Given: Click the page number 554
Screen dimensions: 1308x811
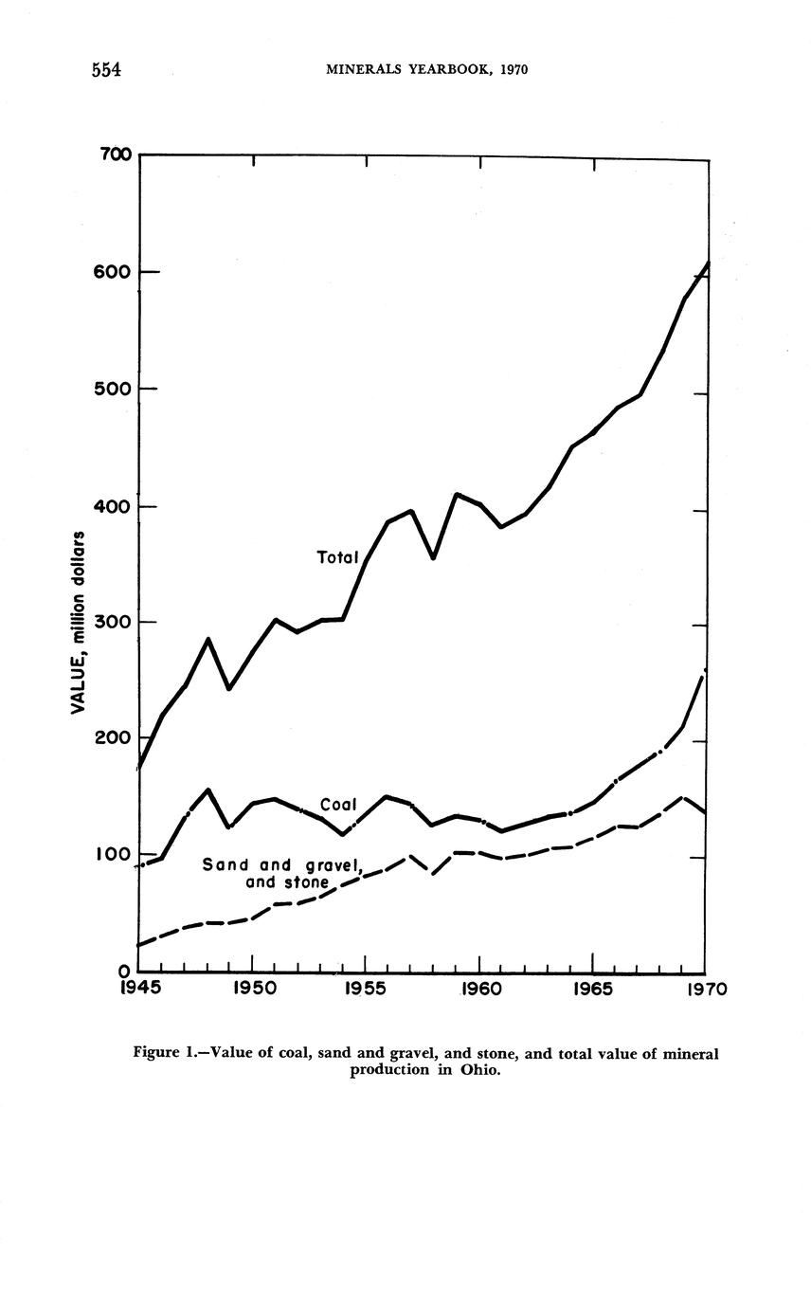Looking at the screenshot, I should pyautogui.click(x=109, y=70).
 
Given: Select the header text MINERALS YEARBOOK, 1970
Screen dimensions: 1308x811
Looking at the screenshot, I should pyautogui.click(x=426, y=70).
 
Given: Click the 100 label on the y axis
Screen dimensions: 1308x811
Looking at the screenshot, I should pyautogui.click(x=112, y=855).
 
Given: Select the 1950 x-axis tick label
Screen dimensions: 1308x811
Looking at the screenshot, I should pyautogui.click(x=252, y=990).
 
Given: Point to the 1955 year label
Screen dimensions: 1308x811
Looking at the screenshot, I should pyautogui.click(x=366, y=990).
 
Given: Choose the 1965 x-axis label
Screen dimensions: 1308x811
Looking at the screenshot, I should pyautogui.click(x=593, y=990).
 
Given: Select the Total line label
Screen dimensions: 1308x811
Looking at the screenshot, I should pyautogui.click(x=337, y=557).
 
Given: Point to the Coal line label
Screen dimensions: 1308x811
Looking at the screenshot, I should pyautogui.click(x=338, y=805).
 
